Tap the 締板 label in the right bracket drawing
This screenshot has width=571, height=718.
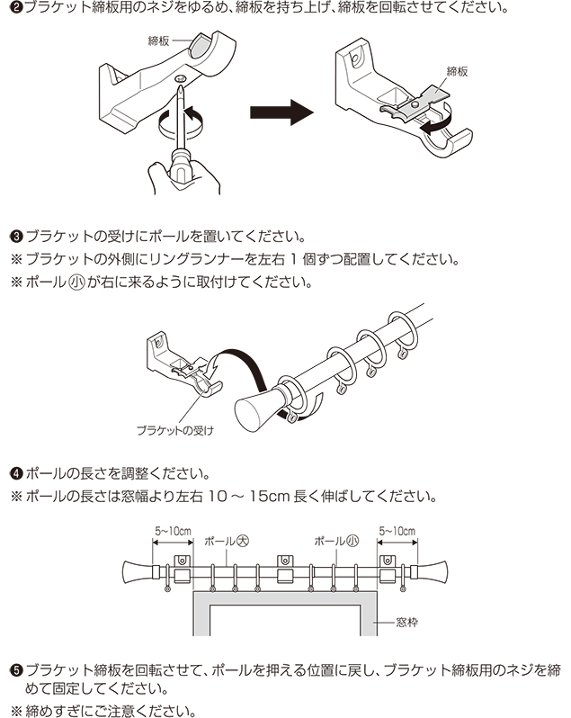pyautogui.click(x=457, y=70)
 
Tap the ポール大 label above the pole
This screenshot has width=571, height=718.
pyautogui.click(x=226, y=542)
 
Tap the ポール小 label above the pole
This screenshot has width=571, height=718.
pyautogui.click(x=336, y=542)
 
